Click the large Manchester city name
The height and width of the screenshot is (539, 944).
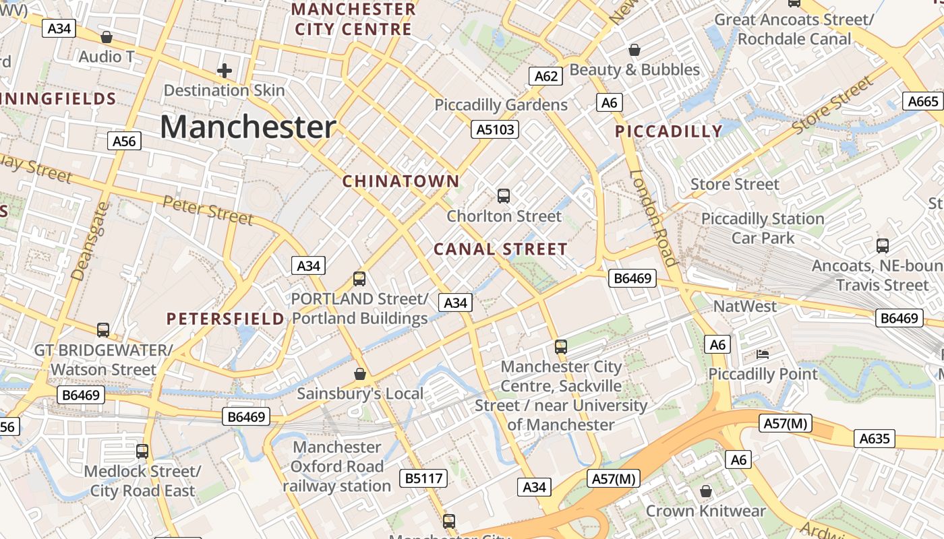248,127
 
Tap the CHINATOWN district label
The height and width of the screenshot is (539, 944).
401,181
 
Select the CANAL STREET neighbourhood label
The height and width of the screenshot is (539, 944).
500,249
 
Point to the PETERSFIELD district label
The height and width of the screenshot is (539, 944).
225,319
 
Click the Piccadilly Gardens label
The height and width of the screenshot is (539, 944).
501,105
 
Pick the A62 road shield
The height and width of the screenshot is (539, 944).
546,76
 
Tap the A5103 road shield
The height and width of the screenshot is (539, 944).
495,129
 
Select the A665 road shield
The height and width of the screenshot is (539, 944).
923,101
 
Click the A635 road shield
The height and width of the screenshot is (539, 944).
875,439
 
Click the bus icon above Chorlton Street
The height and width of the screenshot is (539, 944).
504,196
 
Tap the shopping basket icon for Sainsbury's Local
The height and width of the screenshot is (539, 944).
360,374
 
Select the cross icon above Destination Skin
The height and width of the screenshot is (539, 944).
224,71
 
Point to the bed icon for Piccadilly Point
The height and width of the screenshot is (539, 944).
763,354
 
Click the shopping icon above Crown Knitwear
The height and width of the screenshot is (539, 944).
705,492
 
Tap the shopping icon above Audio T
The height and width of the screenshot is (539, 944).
106,37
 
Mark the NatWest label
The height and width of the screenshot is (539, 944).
745,307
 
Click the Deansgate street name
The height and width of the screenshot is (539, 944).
90,241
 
